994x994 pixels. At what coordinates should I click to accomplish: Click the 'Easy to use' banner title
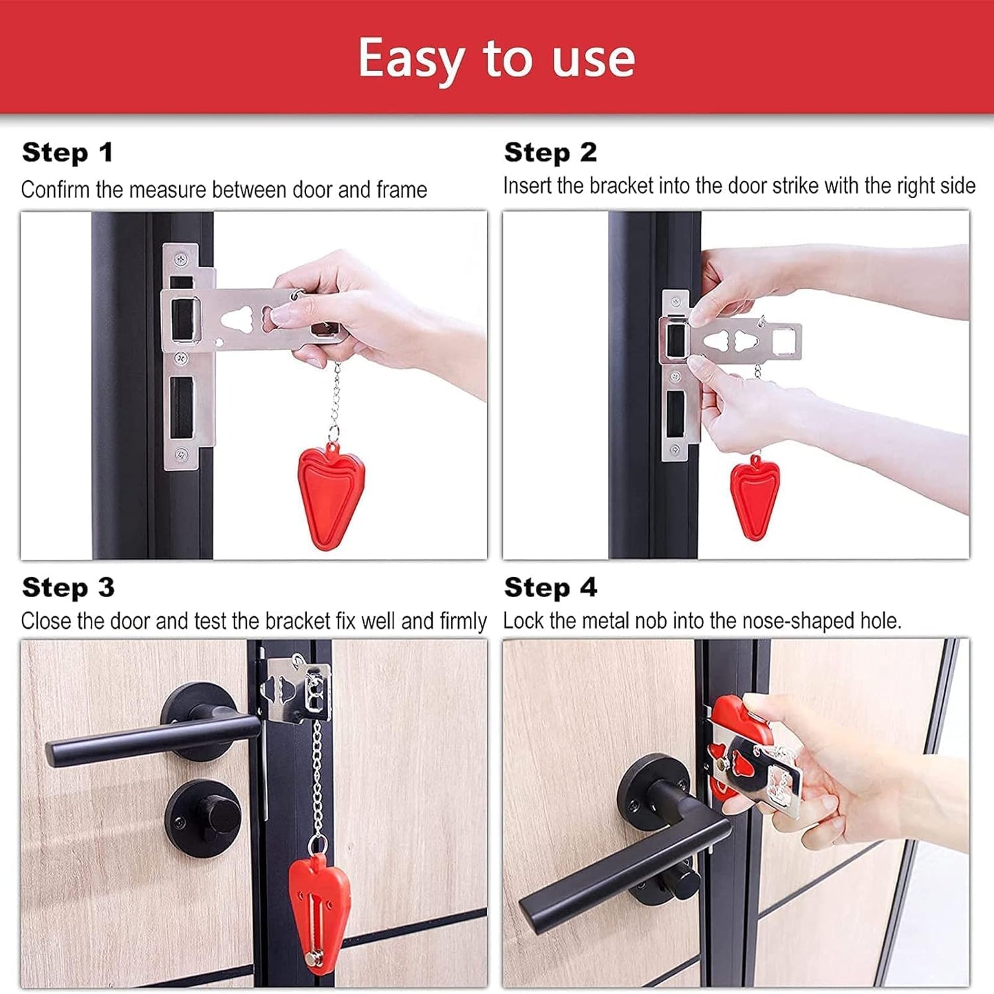point(496,58)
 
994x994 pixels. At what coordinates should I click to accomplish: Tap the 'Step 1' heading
point(67,153)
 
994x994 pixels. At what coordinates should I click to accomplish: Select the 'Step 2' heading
point(550,153)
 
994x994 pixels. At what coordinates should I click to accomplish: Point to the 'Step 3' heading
point(68,588)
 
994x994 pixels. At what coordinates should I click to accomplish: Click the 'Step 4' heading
point(550,588)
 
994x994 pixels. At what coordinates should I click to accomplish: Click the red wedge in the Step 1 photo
point(331,495)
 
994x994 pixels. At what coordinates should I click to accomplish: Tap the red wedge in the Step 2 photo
point(755,495)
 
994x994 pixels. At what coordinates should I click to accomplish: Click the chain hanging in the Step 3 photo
point(317,777)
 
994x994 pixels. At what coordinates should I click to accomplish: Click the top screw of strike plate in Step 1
point(182,259)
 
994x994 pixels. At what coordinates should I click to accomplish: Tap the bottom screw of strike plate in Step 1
point(182,454)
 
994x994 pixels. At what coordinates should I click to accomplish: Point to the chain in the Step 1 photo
point(335,399)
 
